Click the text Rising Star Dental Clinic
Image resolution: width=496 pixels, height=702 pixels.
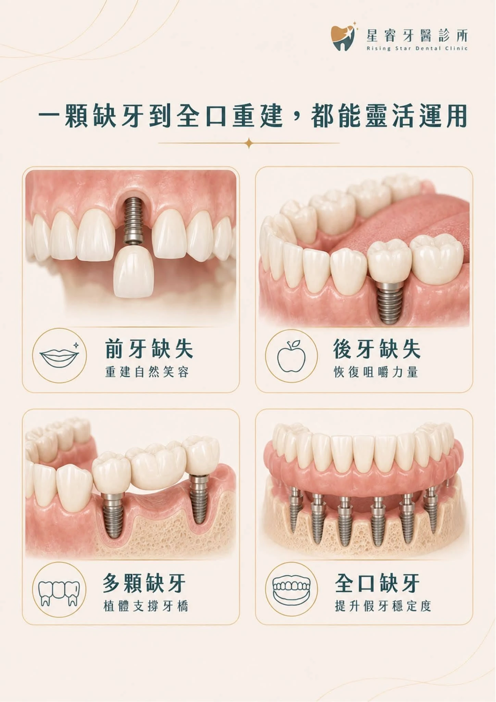pos(417,48)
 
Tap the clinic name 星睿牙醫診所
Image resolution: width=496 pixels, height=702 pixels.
pos(417,35)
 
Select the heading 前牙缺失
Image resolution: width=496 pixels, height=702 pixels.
pos(149,349)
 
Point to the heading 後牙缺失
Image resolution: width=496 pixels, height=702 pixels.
pos(377,349)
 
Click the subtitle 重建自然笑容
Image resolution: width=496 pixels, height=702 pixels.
pos(147,372)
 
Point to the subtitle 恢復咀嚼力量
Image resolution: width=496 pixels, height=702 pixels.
pos(376,372)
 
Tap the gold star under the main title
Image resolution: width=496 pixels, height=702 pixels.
pos(249,143)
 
